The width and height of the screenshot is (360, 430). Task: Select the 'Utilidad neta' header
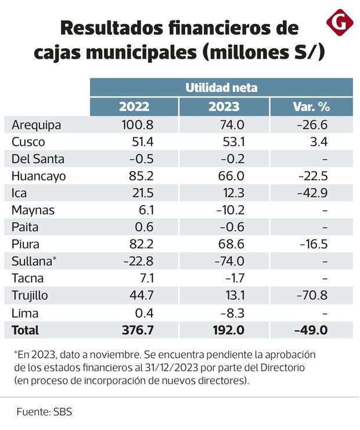tap(221, 88)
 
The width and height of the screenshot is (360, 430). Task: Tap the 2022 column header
tap(134, 106)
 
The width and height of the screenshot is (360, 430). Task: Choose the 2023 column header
tap(224, 106)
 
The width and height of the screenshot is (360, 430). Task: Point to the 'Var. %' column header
tap(311, 106)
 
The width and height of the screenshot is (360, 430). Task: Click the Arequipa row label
tap(36, 124)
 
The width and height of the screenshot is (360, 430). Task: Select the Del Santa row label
tap(38, 159)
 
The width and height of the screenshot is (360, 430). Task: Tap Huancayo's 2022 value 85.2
tap(137, 176)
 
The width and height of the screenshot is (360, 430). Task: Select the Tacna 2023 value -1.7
tap(234, 279)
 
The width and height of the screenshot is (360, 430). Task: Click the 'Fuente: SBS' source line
tap(44, 411)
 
